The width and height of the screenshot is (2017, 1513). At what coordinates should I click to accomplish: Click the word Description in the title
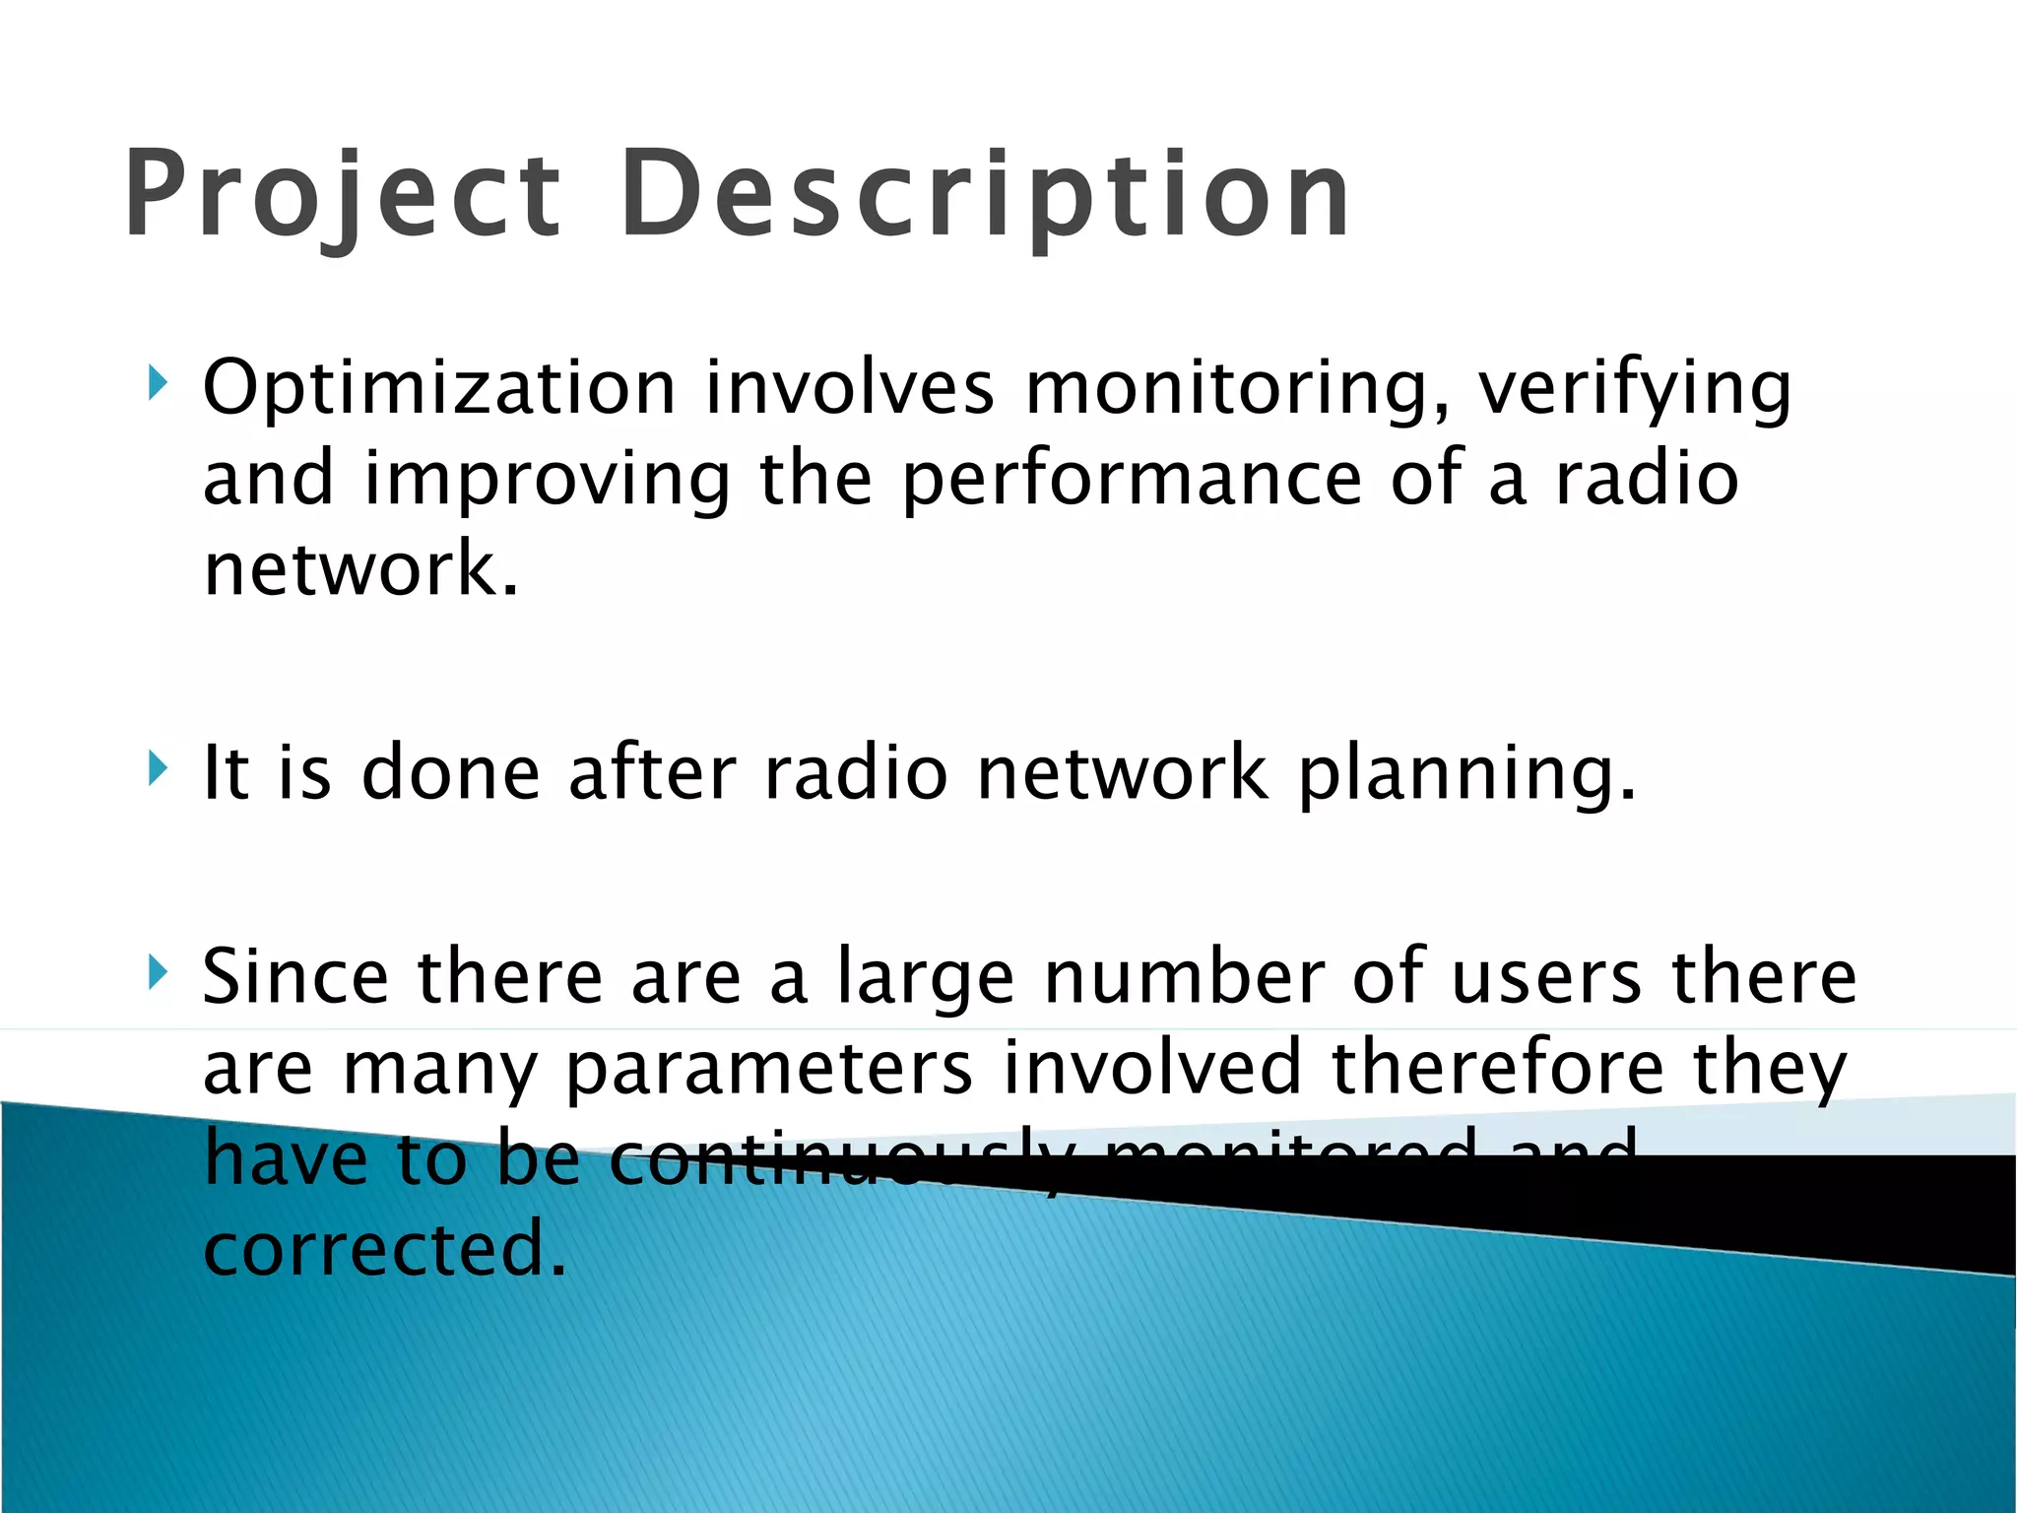(x=985, y=194)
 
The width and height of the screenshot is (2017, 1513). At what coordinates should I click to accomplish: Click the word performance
(x=1132, y=480)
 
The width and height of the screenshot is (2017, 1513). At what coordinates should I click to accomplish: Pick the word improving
(x=548, y=480)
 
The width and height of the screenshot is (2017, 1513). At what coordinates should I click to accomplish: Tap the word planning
(x=1466, y=773)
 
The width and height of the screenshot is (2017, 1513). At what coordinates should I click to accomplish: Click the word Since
(x=295, y=976)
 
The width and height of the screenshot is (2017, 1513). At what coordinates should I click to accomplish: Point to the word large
(x=925, y=978)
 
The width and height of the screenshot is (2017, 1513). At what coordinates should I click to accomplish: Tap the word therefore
(x=1497, y=1068)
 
